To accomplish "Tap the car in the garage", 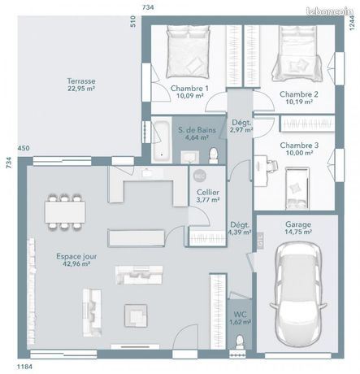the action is pyautogui.click(x=298, y=294).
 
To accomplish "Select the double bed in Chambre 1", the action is pyautogui.click(x=188, y=51).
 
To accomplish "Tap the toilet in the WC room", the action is pyautogui.click(x=239, y=342).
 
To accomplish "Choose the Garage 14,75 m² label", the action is pyautogui.click(x=298, y=228).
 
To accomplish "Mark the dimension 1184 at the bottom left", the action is pyautogui.click(x=24, y=367).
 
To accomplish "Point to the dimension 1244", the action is pyautogui.click(x=351, y=23).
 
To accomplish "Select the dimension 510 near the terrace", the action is pyautogui.click(x=132, y=21).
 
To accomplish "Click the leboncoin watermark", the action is pyautogui.click(x=330, y=11).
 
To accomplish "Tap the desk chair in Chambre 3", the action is pyautogui.click(x=272, y=165).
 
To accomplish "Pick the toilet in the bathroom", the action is pyautogui.click(x=214, y=156).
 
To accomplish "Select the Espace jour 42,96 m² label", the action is pyautogui.click(x=76, y=260).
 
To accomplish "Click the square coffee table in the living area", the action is pyautogui.click(x=136, y=315).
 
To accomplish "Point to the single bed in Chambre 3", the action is pyautogui.click(x=297, y=189).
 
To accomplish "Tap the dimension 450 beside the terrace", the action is pyautogui.click(x=24, y=148).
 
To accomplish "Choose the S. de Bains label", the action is pyautogui.click(x=197, y=133).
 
